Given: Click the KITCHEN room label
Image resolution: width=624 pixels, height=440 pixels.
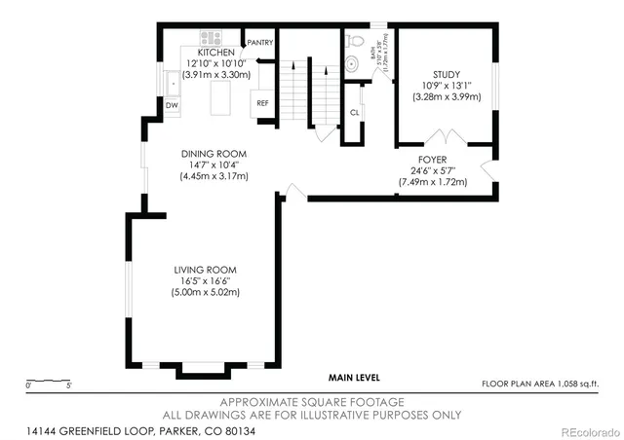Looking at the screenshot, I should click(216, 53).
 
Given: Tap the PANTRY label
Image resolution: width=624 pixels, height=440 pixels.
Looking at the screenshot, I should click(260, 43).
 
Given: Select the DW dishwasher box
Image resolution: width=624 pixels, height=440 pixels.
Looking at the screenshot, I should click(172, 104).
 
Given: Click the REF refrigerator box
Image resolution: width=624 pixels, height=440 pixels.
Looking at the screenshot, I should click(262, 102).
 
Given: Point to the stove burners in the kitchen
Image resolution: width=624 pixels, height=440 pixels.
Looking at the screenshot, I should click(212, 39).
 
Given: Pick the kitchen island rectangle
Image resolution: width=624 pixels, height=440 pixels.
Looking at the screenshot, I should click(221, 98).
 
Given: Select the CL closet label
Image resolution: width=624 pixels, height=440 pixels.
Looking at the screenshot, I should click(354, 113).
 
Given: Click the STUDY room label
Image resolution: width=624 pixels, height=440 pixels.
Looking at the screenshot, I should click(447, 74).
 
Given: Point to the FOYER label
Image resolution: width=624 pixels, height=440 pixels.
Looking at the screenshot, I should click(433, 159).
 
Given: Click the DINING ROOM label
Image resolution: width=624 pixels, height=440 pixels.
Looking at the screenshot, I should click(214, 153).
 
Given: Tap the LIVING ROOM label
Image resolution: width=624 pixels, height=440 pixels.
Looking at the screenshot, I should click(205, 270).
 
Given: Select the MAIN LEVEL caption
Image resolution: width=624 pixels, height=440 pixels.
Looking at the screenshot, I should click(353, 377).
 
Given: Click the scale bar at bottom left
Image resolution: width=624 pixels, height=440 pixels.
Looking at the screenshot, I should click(48, 381).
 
